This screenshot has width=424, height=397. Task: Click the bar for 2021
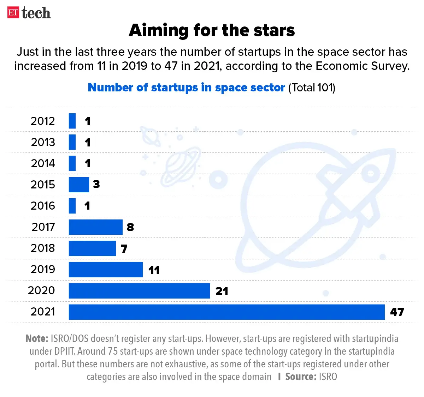tap(226, 312)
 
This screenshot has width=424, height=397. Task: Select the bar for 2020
tap(139, 291)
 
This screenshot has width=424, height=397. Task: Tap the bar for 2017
tap(95, 227)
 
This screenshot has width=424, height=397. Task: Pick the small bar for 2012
tap(72, 121)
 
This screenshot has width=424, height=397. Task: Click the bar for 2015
tap(79, 185)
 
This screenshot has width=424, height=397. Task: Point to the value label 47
tap(397, 312)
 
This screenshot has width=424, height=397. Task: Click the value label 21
tap(222, 291)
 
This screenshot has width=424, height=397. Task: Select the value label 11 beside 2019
tap(154, 270)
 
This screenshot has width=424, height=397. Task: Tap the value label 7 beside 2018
tap(124, 249)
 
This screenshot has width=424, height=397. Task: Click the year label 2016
tap(43, 206)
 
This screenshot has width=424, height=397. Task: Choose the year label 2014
tap(43, 163)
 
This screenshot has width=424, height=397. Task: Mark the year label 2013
tap(43, 142)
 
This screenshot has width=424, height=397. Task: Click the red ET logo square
tap(13, 12)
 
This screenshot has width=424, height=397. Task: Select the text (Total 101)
tap(312, 88)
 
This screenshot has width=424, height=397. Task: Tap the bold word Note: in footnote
tap(37, 339)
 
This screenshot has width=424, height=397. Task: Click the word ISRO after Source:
tap(328, 377)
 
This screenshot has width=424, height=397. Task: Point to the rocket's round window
tap(371, 173)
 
